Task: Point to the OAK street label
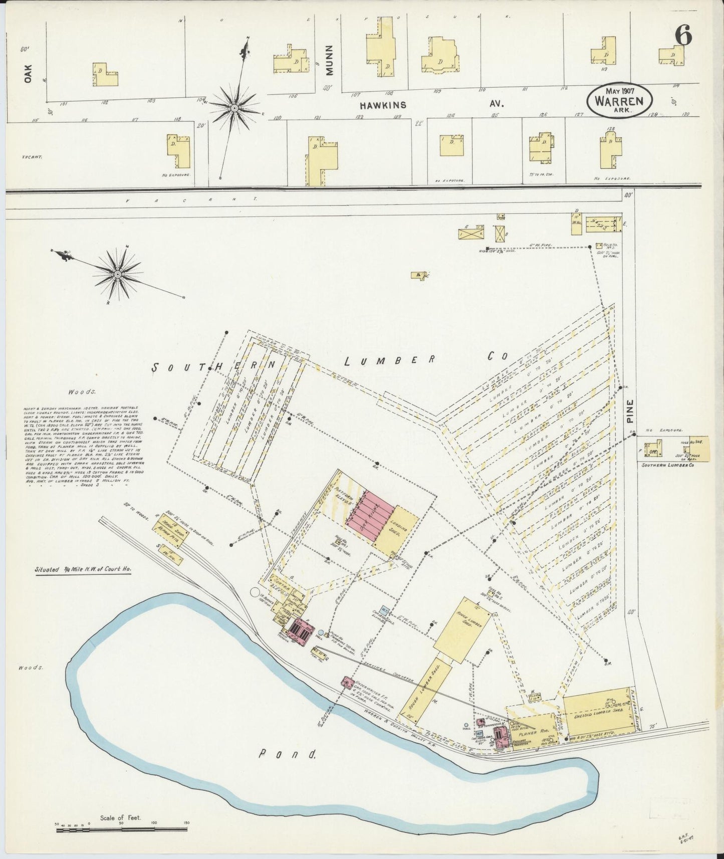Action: click(28, 73)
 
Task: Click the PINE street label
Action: click(629, 411)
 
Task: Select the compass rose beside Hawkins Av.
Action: click(233, 108)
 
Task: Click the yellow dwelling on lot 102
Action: click(105, 75)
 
